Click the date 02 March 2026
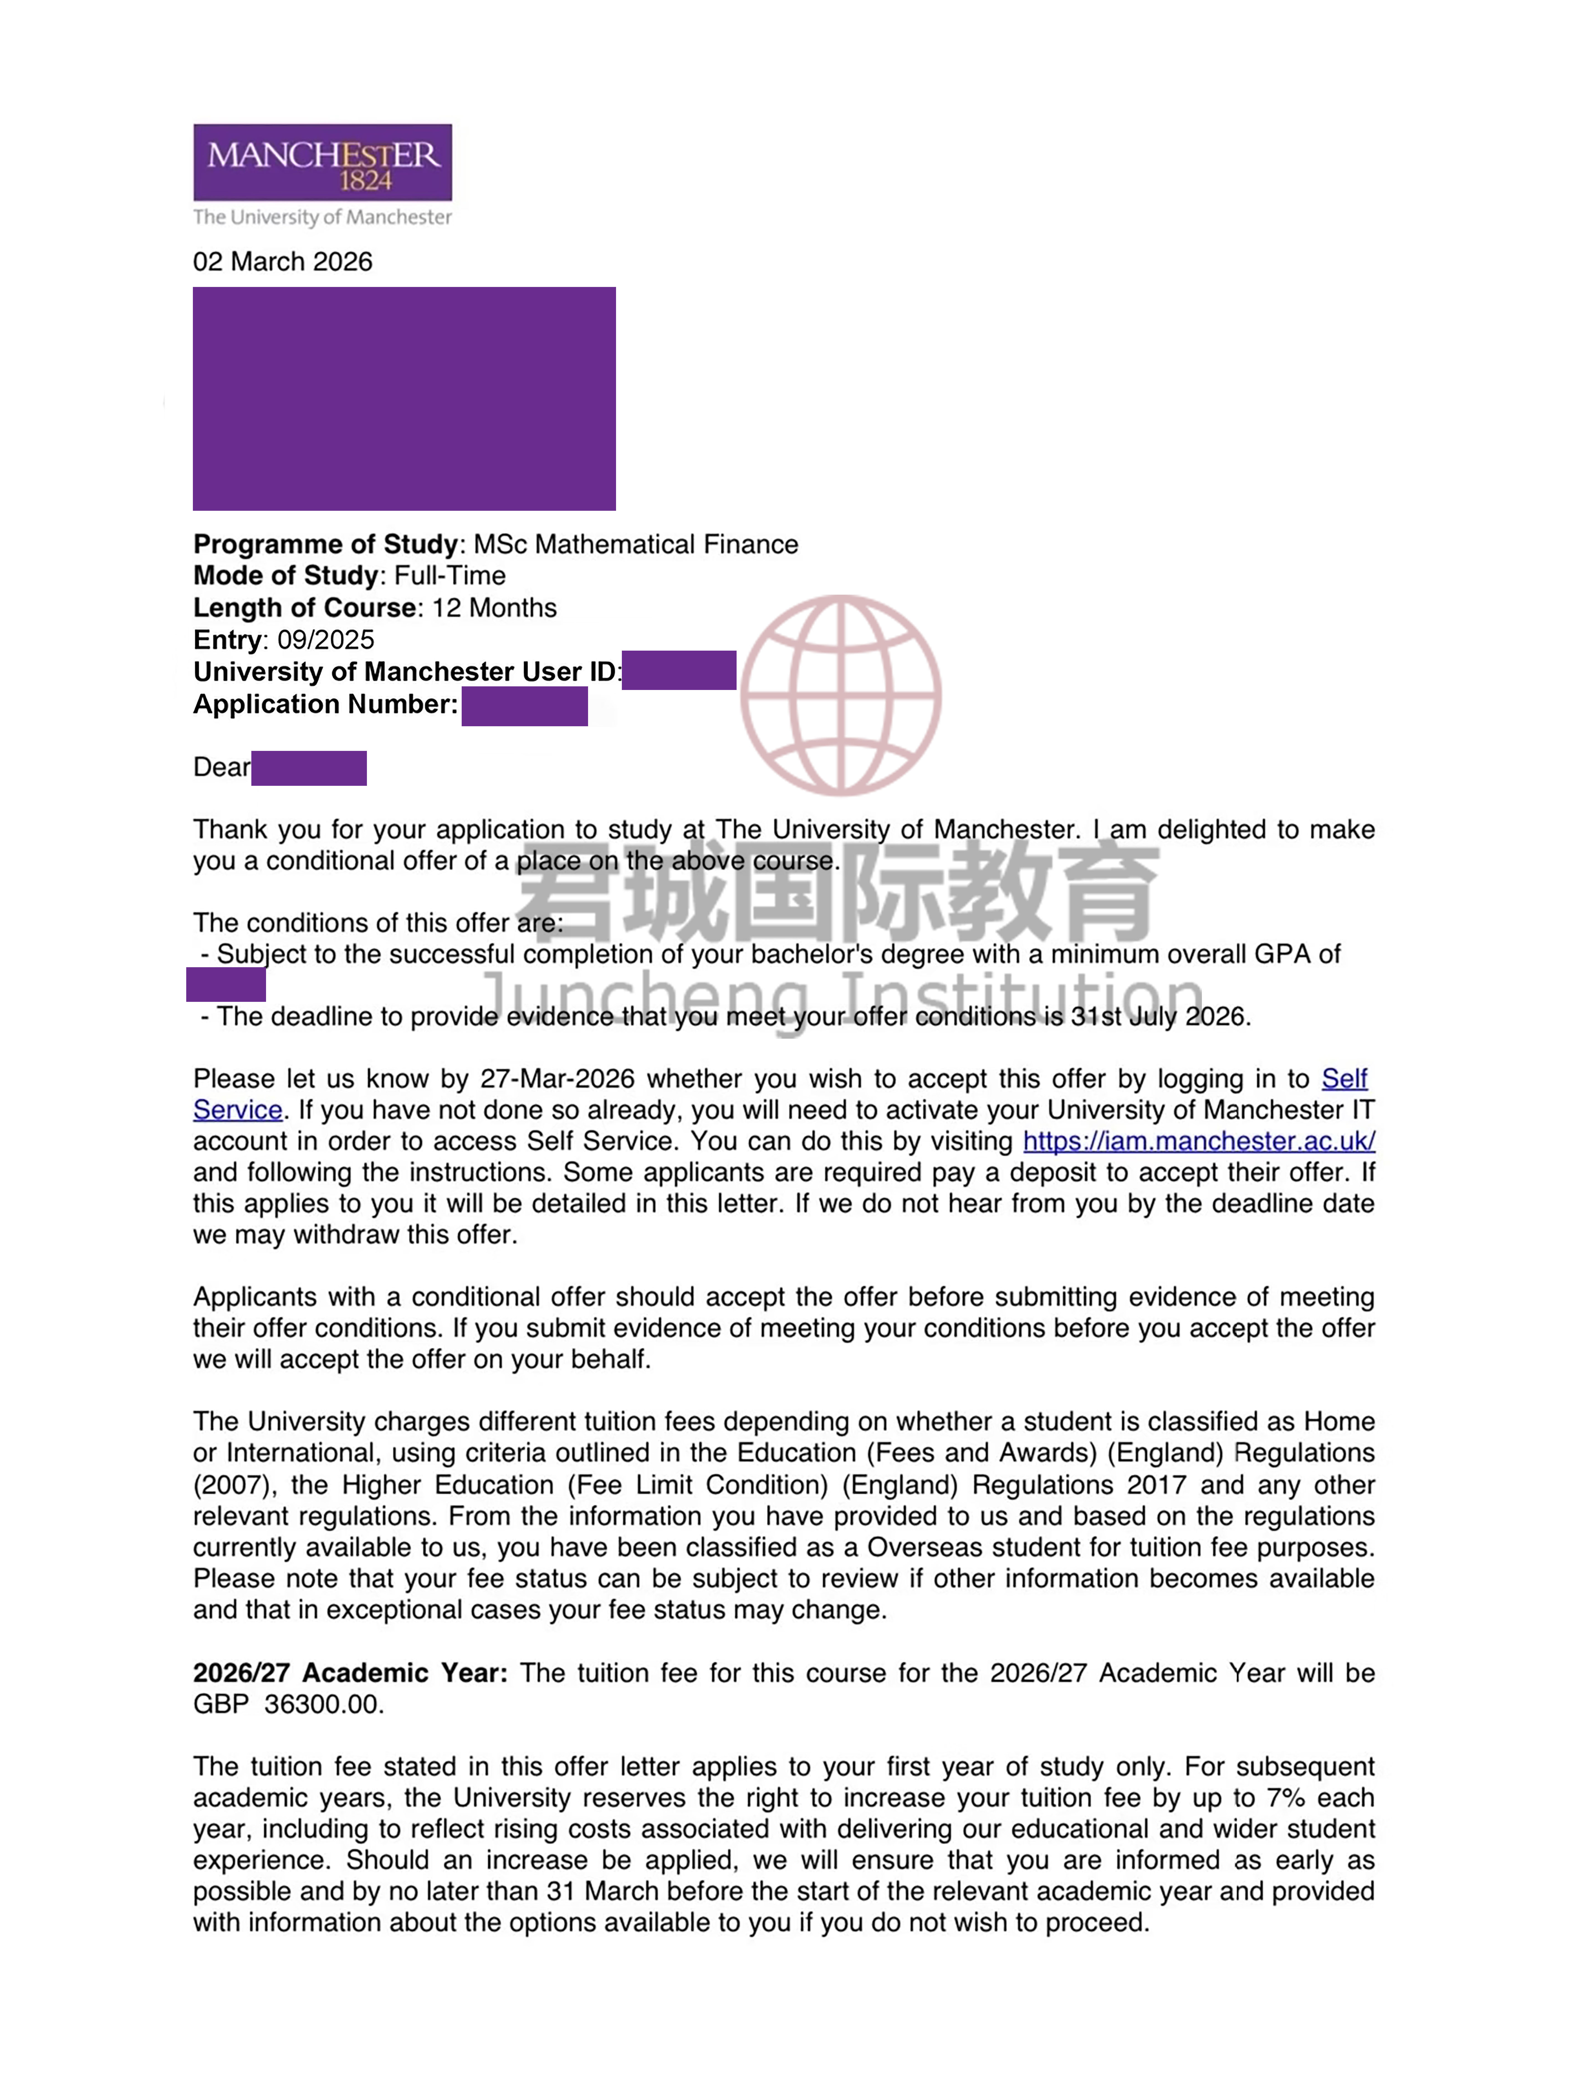pos(283,262)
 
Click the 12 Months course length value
pos(494,608)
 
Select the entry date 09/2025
pos(325,640)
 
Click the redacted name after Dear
pos(309,768)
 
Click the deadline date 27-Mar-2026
pos(557,1079)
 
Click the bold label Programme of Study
pos(325,545)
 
